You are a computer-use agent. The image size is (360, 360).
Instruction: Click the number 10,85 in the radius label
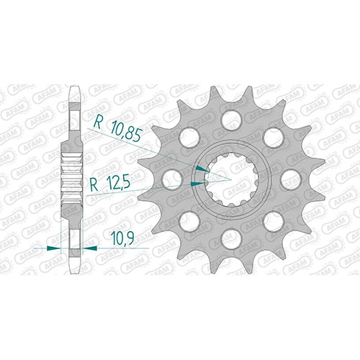click(x=126, y=132)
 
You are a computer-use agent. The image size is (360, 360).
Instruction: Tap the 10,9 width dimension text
click(x=122, y=238)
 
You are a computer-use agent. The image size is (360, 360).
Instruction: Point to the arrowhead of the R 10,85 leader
click(x=202, y=168)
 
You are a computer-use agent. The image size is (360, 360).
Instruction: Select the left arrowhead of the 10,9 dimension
click(x=54, y=248)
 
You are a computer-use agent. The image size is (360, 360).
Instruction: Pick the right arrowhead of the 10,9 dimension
click(x=90, y=248)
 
